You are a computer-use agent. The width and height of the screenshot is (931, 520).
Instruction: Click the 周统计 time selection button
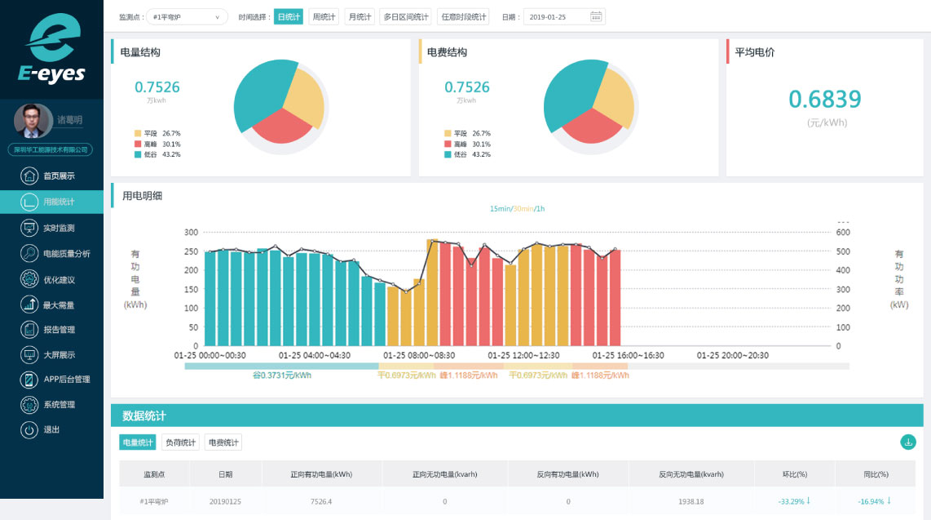[324, 16]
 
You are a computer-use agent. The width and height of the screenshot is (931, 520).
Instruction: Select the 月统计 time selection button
[360, 16]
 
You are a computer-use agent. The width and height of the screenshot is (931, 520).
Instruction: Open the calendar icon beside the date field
[596, 16]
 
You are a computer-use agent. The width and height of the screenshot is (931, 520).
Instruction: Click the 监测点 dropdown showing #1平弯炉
[187, 16]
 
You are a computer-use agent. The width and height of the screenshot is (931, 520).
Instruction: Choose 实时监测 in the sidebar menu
[58, 228]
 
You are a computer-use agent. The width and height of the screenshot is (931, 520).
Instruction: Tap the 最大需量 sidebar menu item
[58, 304]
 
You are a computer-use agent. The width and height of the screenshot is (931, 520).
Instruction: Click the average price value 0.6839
[824, 100]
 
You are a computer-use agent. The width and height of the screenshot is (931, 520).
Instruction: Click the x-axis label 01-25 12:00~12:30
[523, 355]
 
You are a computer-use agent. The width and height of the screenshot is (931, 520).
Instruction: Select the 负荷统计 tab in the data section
[180, 442]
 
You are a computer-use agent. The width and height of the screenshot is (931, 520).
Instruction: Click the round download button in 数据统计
[907, 442]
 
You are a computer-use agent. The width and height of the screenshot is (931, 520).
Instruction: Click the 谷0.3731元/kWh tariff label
[281, 376]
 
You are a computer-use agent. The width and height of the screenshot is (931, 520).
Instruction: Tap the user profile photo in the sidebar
[33, 121]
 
